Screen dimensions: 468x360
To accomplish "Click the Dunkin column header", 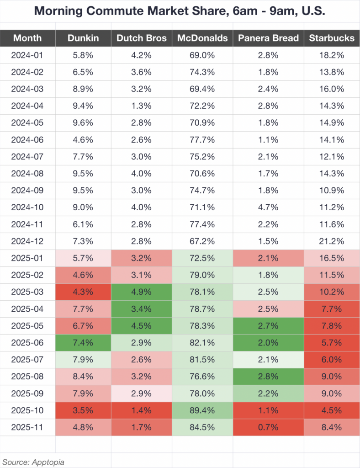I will point(83,38).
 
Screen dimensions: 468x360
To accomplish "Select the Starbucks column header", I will point(332,38).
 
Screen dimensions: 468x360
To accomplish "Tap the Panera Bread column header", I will point(268,38).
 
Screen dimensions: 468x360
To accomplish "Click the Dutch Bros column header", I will point(141,38).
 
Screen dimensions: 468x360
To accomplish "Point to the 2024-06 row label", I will point(27,139).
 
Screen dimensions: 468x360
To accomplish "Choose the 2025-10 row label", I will point(27,410).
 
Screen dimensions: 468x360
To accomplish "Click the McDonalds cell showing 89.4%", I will point(202,410).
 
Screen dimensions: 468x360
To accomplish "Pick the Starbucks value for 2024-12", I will point(332,241).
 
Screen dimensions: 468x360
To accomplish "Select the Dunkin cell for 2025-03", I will point(83,292).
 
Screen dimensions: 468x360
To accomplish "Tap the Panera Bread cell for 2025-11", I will point(268,427).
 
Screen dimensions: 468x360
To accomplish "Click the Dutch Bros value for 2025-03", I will point(141,292).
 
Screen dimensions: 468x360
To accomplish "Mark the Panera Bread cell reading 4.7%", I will point(268,207).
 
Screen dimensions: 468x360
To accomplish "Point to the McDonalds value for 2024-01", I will point(202,55).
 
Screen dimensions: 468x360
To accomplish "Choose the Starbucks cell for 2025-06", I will point(332,342).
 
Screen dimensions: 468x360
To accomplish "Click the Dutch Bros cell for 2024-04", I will point(141,106).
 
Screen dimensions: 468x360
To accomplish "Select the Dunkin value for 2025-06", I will point(83,342).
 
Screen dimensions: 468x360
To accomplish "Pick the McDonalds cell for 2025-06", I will point(202,342).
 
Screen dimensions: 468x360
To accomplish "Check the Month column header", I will point(27,38).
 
